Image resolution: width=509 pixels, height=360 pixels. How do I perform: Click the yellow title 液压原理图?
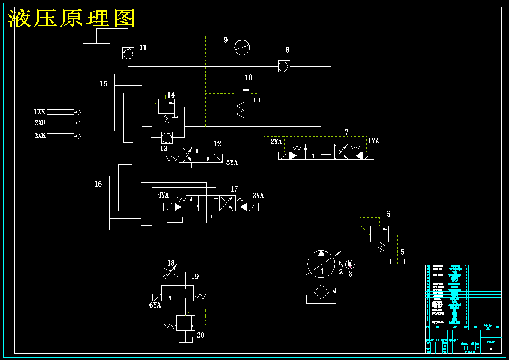(72, 18)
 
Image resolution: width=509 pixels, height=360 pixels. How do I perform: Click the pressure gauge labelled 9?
(242, 47)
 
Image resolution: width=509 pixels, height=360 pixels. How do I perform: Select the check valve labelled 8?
(284, 66)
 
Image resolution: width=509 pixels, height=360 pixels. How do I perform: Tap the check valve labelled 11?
(128, 54)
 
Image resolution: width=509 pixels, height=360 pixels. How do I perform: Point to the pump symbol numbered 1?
(321, 263)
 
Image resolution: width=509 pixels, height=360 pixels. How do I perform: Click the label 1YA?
(374, 141)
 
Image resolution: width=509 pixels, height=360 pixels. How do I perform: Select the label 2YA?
(276, 142)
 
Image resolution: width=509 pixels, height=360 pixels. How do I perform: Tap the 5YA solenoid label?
(232, 163)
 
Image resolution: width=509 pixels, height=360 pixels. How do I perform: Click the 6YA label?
(155, 305)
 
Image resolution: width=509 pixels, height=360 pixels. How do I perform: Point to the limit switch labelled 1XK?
(60, 112)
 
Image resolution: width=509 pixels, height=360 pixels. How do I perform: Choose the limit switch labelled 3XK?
(60, 136)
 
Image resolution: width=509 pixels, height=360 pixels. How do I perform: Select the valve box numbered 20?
(186, 323)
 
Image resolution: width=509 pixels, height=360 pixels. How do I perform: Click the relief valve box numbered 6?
(379, 234)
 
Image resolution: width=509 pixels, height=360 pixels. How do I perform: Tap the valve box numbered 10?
(242, 93)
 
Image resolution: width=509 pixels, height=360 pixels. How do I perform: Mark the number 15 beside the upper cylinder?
(104, 84)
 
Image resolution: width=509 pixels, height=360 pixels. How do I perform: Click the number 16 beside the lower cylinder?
(98, 184)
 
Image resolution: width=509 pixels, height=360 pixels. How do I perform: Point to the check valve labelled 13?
(166, 138)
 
